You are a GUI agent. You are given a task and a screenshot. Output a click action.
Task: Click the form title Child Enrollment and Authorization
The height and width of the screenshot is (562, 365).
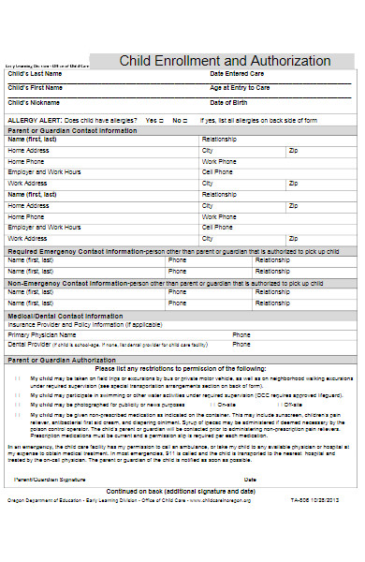225,61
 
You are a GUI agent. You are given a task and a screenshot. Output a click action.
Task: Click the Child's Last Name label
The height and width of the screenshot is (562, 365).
31,73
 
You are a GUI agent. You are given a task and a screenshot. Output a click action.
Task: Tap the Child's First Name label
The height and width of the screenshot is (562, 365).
32,87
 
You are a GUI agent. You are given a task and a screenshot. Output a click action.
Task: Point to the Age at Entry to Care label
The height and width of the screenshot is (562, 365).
241,87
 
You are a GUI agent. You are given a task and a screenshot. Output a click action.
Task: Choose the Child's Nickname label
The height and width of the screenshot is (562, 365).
30,102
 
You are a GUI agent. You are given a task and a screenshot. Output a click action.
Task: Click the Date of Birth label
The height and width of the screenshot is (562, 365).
228,102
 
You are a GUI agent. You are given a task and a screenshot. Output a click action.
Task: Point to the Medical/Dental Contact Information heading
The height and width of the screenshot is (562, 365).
64,317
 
